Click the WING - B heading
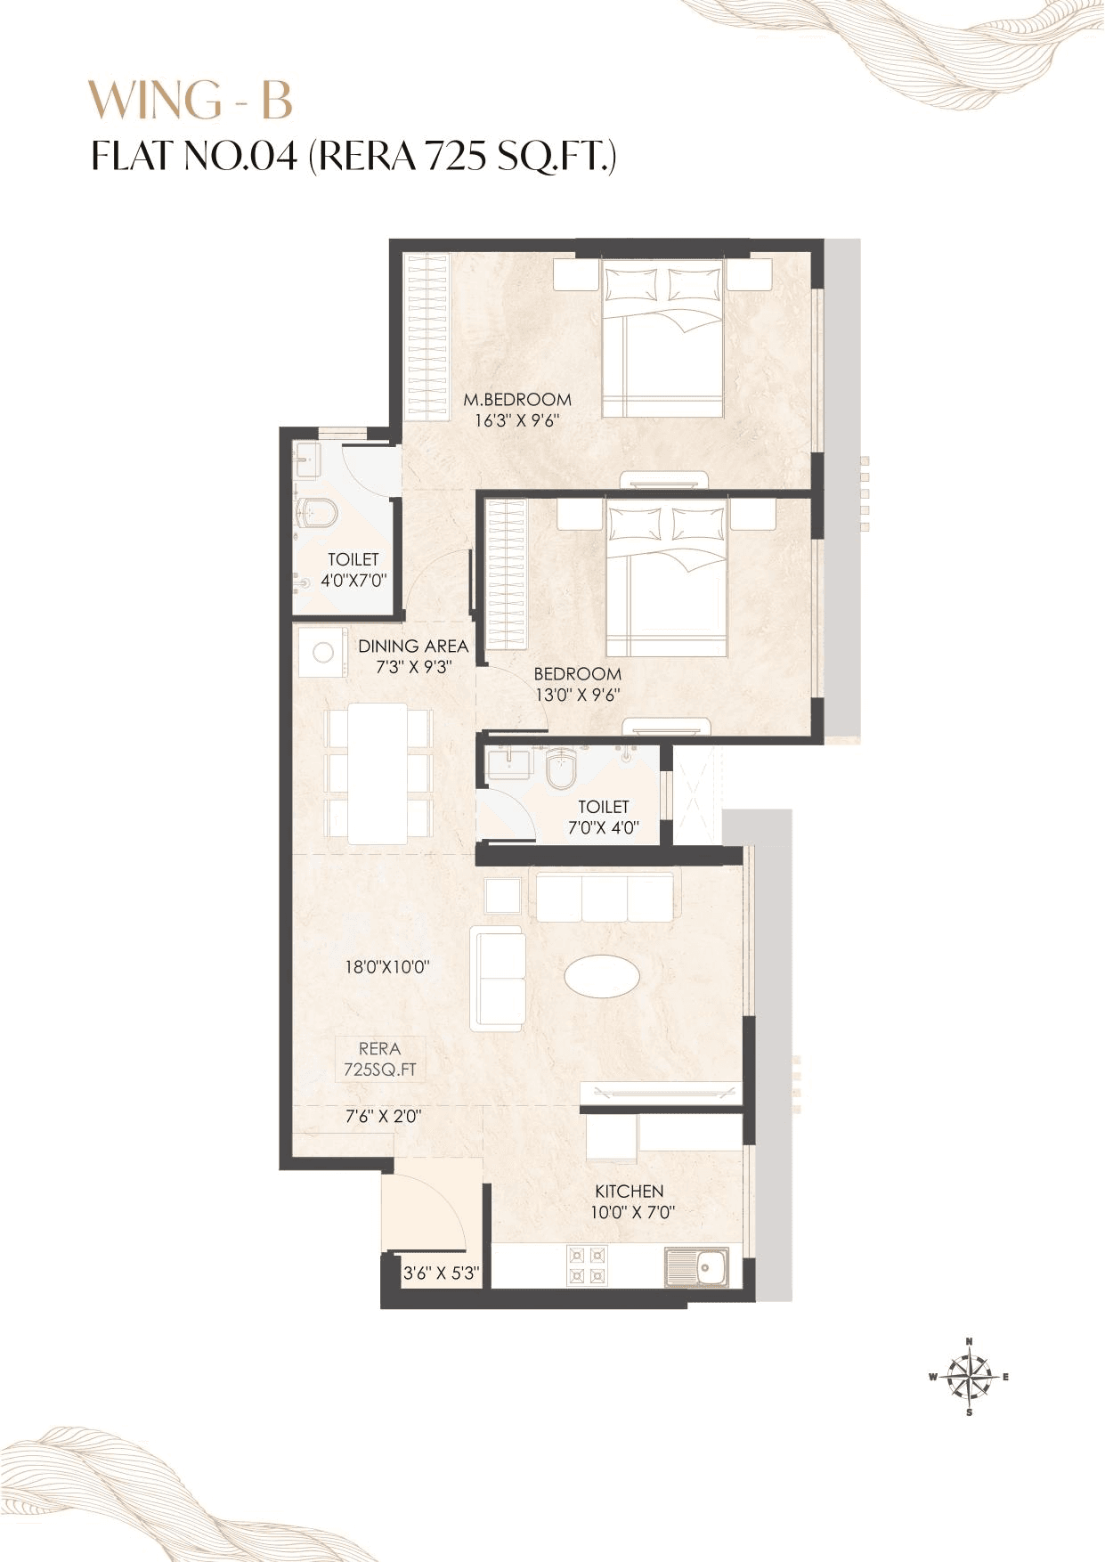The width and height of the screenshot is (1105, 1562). (x=191, y=100)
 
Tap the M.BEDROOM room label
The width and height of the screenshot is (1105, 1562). (x=517, y=400)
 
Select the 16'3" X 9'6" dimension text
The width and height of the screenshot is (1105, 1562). (x=516, y=421)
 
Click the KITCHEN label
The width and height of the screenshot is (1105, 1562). (x=629, y=1191)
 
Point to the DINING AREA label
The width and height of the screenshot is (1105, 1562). (x=413, y=647)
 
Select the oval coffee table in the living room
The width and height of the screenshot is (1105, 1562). (x=602, y=975)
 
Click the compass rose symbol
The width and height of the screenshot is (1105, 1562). (x=969, y=1377)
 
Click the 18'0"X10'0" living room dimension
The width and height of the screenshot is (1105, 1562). (x=387, y=966)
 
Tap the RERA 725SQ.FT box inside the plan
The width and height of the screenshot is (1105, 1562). (x=380, y=1060)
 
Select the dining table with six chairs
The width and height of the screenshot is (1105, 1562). (x=378, y=772)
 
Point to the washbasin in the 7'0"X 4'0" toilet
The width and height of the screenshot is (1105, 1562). (x=509, y=763)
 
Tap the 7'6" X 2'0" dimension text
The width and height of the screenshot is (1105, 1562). (x=383, y=1116)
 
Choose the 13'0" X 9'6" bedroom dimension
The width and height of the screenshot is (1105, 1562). (x=577, y=696)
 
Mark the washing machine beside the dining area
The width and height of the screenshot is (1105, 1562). (x=321, y=653)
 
